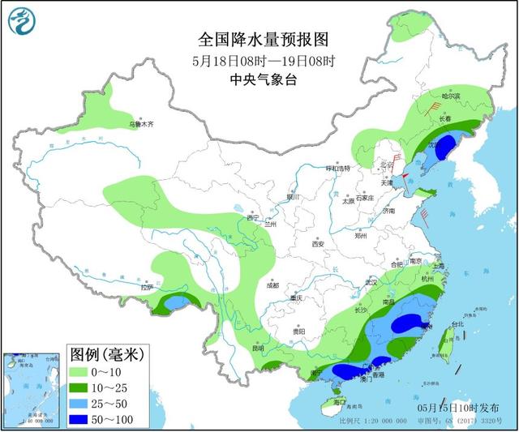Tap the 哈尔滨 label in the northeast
[450, 96]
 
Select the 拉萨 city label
[146, 288]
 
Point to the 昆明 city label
[257, 349]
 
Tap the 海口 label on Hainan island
[340, 403]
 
